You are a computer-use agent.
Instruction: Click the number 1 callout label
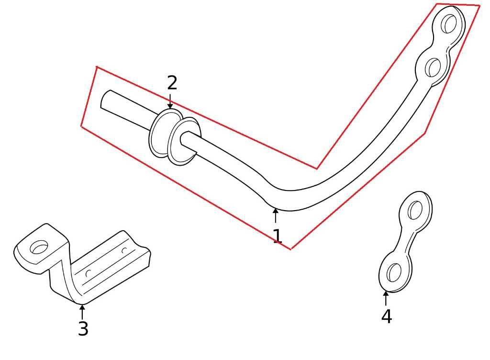277,236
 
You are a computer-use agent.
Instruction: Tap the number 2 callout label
172,83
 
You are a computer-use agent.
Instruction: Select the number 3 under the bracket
83,329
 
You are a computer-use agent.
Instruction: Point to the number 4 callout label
386,316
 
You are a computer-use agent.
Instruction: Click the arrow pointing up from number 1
275,215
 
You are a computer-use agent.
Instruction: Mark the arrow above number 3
82,312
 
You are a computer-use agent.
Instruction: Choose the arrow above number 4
386,297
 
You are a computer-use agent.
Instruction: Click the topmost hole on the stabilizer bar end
448,23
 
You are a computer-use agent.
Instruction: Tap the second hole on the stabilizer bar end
433,67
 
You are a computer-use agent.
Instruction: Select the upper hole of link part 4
415,210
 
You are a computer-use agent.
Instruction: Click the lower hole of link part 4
394,272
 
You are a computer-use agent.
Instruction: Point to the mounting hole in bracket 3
39,247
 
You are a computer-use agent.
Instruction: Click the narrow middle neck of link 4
406,240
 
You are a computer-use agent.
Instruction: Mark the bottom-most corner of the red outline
290,249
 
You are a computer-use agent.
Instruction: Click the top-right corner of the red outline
479,6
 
